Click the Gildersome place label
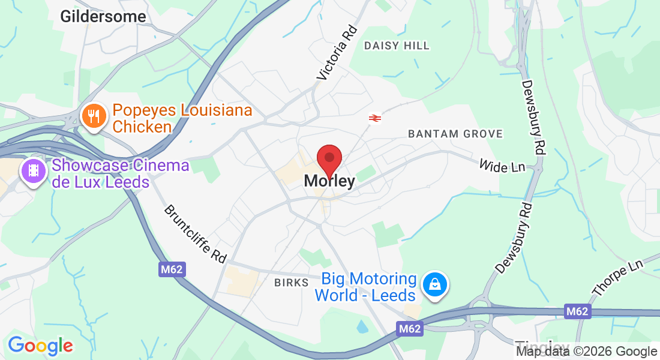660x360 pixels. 103,16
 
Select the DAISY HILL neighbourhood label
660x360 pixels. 397,46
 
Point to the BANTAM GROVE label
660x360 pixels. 455,134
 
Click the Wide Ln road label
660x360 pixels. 502,165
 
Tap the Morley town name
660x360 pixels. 329,181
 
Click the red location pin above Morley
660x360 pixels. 329,159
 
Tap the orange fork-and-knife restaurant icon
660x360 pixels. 94,116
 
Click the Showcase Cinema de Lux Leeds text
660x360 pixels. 121,173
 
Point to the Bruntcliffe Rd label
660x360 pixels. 196,234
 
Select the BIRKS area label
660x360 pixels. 291,283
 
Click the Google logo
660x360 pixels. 40,346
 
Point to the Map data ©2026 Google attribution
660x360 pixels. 586,352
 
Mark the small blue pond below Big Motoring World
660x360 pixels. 363,327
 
